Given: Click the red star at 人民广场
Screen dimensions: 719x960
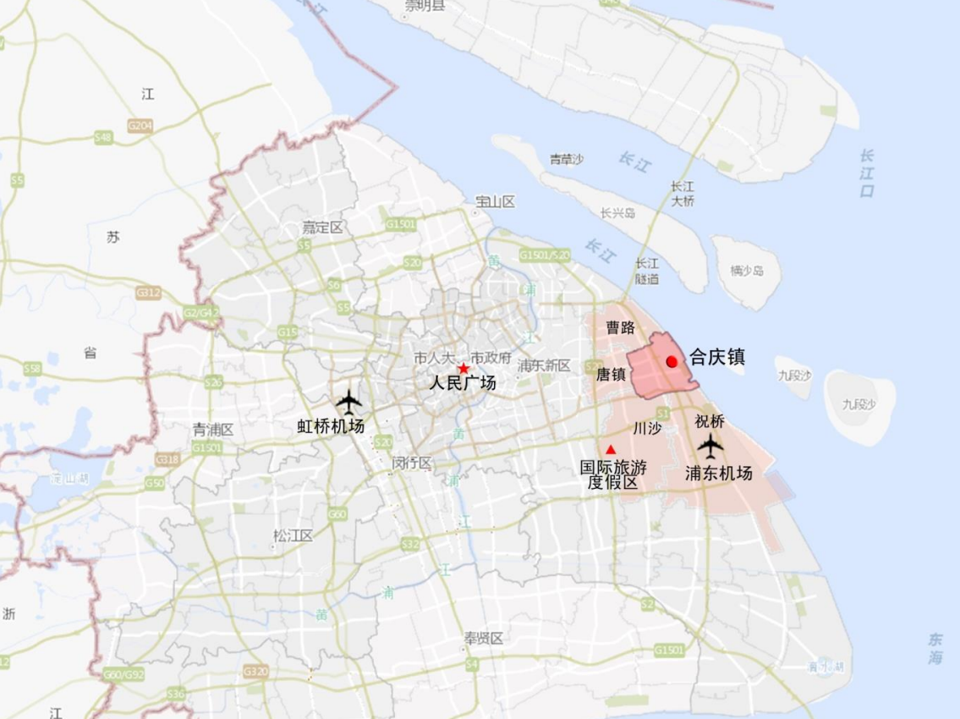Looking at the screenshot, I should [x=464, y=369].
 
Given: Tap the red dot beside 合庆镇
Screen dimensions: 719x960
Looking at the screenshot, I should [x=672, y=361].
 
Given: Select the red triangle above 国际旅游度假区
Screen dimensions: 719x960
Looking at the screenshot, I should [x=611, y=449].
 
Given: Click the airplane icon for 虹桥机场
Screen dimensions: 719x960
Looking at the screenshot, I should [x=348, y=401].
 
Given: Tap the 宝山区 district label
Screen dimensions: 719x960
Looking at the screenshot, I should [x=496, y=201].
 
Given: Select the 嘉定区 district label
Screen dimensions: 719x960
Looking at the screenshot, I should [x=323, y=228].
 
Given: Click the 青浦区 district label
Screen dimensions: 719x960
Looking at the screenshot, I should [x=213, y=429].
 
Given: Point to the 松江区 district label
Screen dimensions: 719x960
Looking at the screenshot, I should [x=293, y=535].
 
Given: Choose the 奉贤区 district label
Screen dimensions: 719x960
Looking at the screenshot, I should [x=483, y=639].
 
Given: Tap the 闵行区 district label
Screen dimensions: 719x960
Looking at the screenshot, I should [x=412, y=463].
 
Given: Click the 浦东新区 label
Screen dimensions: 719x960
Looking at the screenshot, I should [x=545, y=365].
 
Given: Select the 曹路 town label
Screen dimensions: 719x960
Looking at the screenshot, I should [x=620, y=327].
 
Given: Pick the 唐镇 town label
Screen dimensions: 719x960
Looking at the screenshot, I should [x=611, y=374].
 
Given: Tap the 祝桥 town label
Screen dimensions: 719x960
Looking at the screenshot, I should [x=710, y=420].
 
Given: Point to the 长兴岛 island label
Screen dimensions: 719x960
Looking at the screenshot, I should [x=617, y=213].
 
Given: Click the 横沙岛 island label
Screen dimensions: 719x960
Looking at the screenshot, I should [x=747, y=271].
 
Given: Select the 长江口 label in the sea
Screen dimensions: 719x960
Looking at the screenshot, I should [x=867, y=173].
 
